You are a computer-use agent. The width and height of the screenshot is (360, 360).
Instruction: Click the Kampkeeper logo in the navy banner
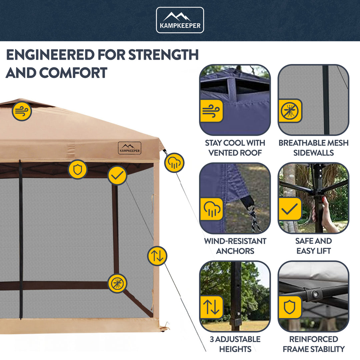click(x=180, y=20)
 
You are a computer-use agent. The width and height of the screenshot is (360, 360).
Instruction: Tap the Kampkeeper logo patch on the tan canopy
click(x=129, y=148)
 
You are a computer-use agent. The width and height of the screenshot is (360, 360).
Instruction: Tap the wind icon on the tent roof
click(x=22, y=111)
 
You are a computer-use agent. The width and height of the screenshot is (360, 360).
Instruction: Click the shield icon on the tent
click(x=78, y=170)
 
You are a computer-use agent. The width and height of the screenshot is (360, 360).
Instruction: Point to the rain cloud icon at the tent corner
click(x=174, y=163)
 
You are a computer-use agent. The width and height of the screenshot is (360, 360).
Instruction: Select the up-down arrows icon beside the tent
click(x=157, y=256)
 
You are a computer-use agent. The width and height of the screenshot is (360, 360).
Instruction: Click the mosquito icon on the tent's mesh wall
click(x=117, y=283)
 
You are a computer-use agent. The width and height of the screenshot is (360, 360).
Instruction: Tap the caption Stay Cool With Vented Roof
click(x=235, y=148)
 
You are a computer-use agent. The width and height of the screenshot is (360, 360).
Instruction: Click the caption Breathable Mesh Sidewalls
click(x=313, y=148)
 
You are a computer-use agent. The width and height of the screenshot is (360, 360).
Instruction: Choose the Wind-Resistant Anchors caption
click(x=235, y=246)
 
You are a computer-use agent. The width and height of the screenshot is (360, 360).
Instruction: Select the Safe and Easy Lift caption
click(x=313, y=246)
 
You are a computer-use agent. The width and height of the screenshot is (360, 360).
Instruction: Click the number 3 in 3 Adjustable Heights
click(x=212, y=339)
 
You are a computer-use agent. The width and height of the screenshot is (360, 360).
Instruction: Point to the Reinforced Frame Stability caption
click(x=313, y=344)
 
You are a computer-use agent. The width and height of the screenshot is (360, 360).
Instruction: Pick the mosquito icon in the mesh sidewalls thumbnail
click(x=290, y=111)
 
